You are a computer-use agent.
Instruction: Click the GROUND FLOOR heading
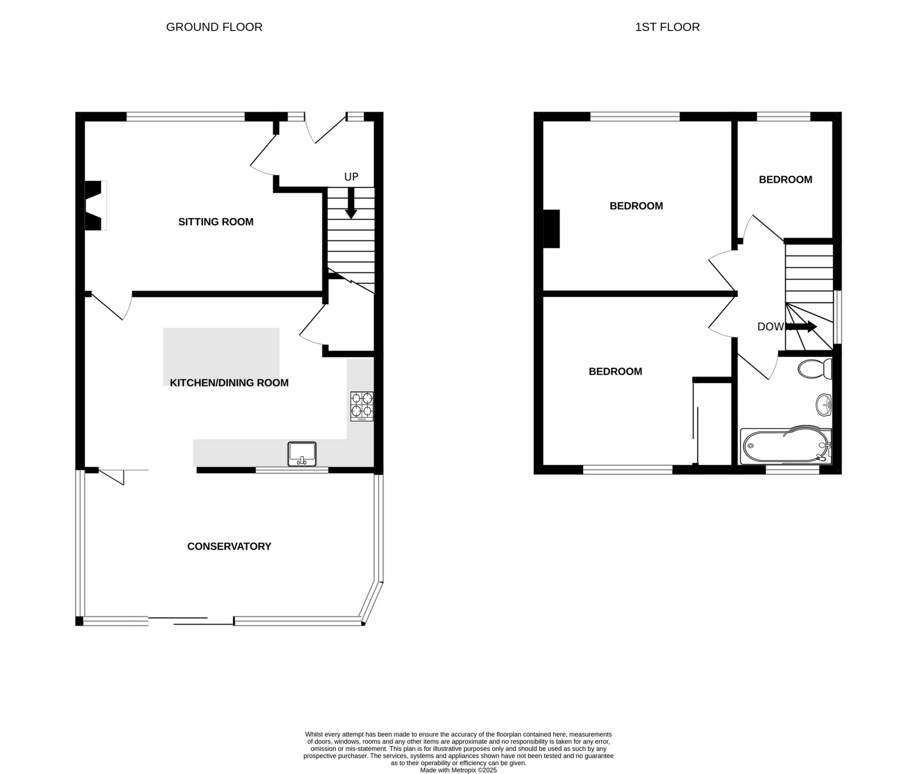[x=214, y=27]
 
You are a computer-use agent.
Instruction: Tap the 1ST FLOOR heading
[x=667, y=27]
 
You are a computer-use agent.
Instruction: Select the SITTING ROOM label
[x=216, y=222]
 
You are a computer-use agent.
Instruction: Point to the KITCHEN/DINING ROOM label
[x=229, y=383]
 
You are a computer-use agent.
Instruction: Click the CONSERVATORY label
[x=229, y=546]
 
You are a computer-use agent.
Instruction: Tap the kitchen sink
[x=302, y=453]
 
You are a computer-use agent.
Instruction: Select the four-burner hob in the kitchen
[x=362, y=406]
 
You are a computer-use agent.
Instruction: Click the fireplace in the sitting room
[x=96, y=206]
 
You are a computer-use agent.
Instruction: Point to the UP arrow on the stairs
[x=351, y=203]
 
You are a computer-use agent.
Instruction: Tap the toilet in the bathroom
[x=815, y=369]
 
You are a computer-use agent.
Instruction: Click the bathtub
[x=786, y=446]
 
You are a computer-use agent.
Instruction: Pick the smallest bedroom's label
[x=786, y=180]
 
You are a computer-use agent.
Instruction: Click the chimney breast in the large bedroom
[x=552, y=229]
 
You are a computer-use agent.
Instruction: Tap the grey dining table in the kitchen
[x=221, y=356]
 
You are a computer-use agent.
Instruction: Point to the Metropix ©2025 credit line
[x=458, y=770]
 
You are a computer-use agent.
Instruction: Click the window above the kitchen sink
[x=292, y=471]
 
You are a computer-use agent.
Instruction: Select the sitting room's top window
[x=186, y=116]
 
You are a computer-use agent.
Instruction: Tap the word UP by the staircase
[x=351, y=177]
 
